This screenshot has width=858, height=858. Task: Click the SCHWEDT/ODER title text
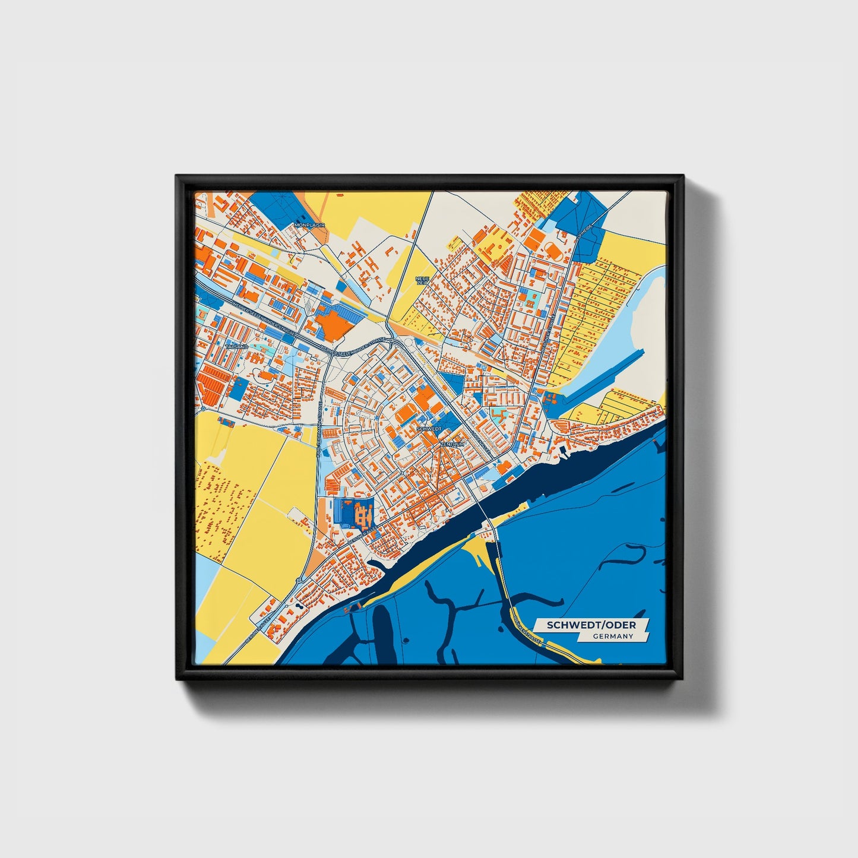point(591,625)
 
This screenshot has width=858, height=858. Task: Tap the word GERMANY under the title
point(613,637)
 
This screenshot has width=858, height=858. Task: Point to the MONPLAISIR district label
point(310,226)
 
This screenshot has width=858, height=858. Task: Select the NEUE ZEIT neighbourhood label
point(422,280)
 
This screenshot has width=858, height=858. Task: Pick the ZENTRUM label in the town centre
point(452,444)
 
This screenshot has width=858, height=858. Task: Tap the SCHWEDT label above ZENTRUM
point(429,428)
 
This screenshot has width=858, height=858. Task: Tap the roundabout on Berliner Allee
point(298,580)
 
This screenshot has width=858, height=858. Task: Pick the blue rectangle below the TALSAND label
point(239,390)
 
